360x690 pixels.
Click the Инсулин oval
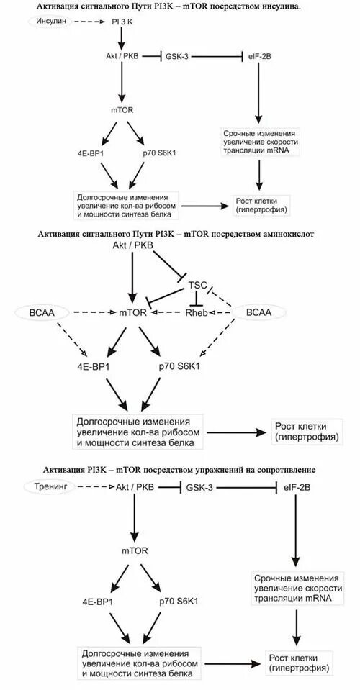51,22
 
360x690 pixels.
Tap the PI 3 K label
122,22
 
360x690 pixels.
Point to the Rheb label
196,313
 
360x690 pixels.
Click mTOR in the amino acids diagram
132,313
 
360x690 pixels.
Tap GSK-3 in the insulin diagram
177,55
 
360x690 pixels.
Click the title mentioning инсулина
180,6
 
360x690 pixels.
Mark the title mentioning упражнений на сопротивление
180,469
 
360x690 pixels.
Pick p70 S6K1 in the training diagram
178,601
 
